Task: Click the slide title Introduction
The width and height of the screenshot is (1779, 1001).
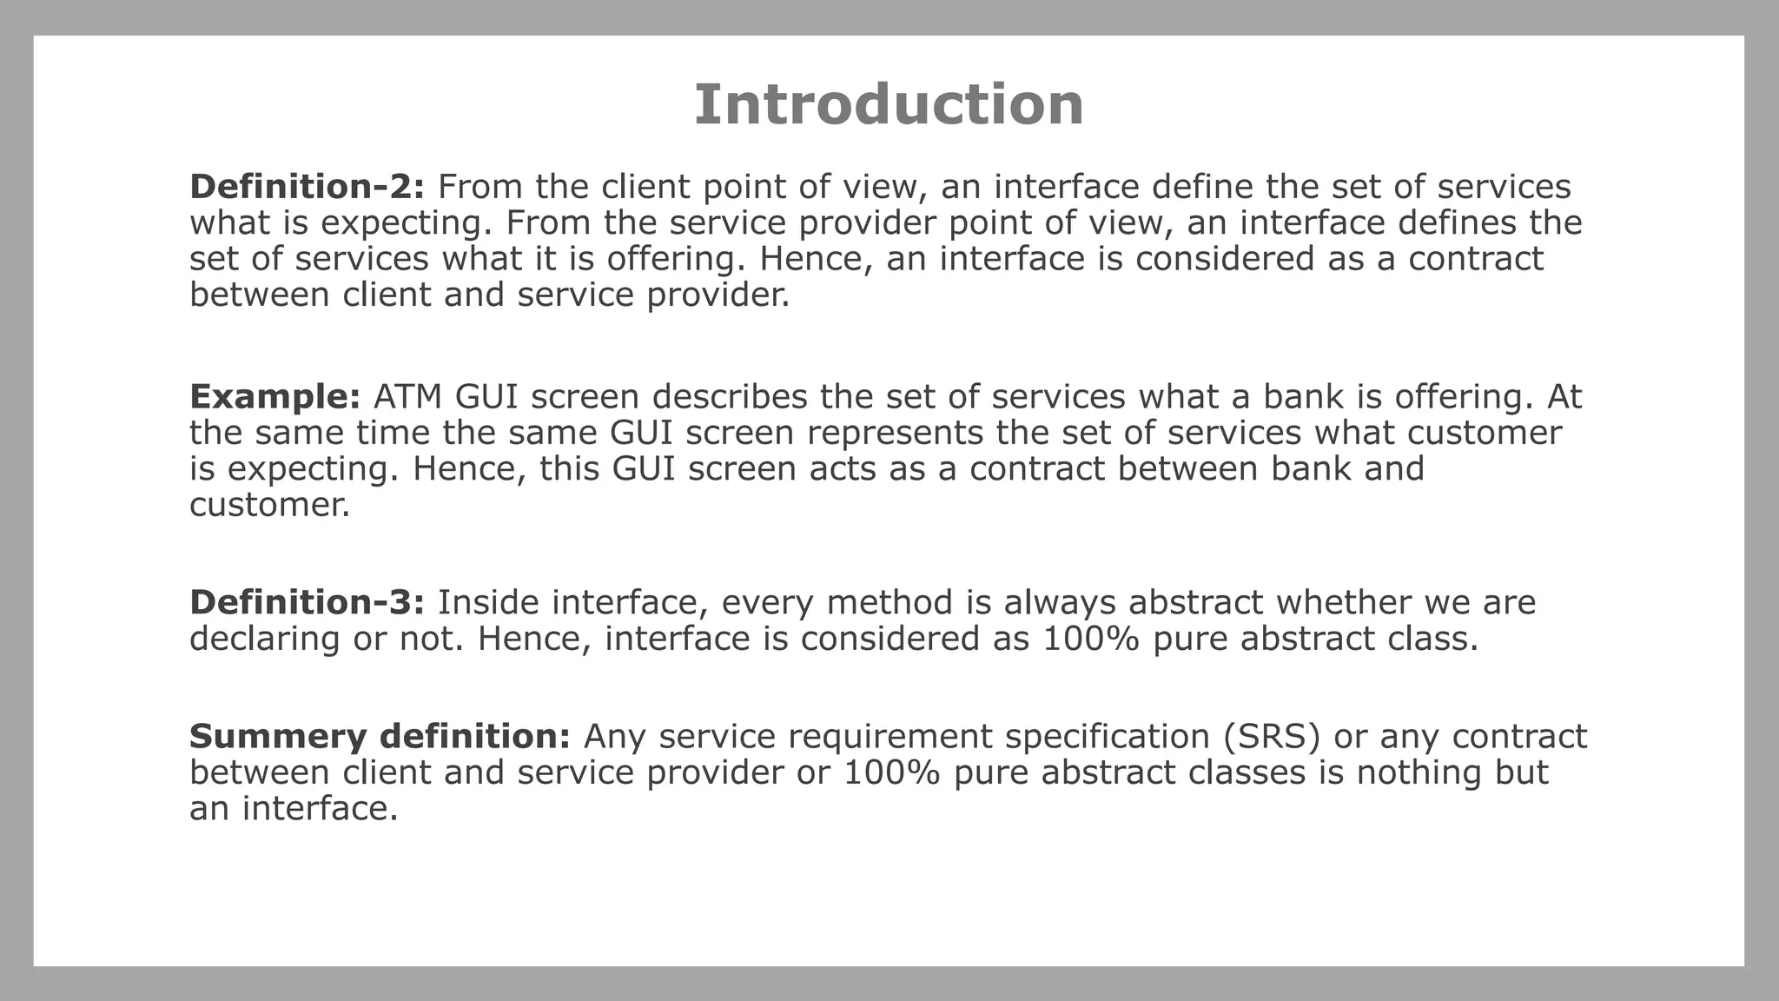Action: [889, 105]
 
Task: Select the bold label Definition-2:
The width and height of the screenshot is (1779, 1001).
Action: [307, 187]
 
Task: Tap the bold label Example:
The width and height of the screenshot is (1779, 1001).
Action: [274, 397]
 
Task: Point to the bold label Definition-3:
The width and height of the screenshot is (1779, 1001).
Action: [307, 603]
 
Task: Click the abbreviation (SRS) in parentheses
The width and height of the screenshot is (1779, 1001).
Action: [1271, 737]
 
